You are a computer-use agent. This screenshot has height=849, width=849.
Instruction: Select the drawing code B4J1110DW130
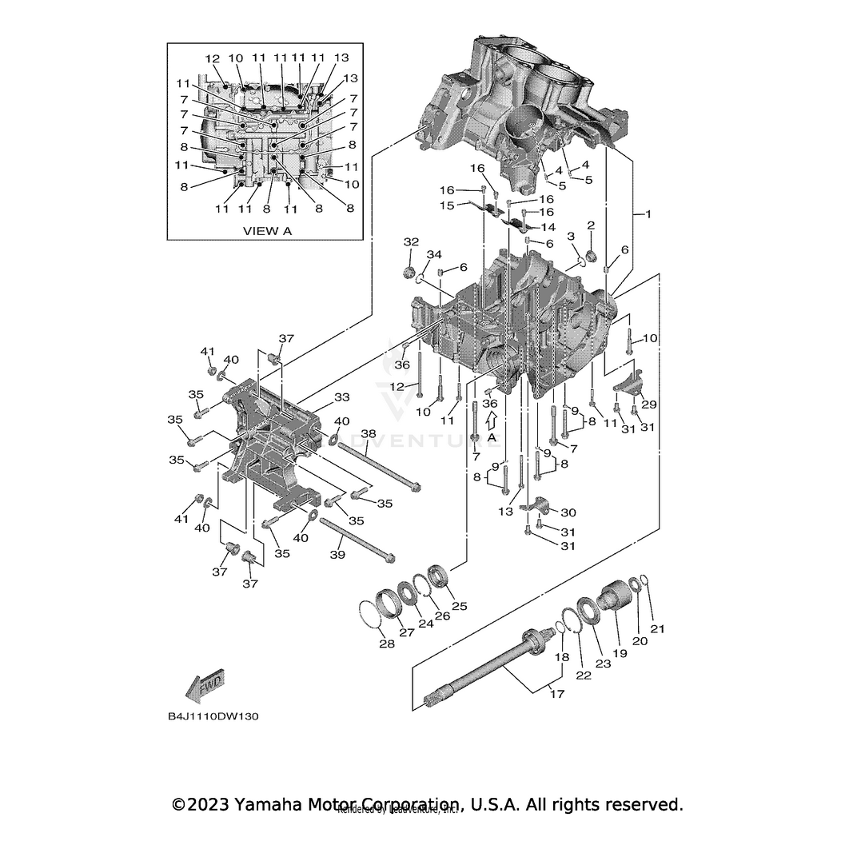213,715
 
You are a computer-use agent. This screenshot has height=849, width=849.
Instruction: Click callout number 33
341,397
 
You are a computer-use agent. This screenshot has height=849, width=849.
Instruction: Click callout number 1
648,215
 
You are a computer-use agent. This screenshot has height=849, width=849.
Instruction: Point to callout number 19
620,653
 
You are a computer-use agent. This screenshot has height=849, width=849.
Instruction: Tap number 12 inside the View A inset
212,58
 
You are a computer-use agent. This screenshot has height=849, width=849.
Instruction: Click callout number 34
433,255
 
